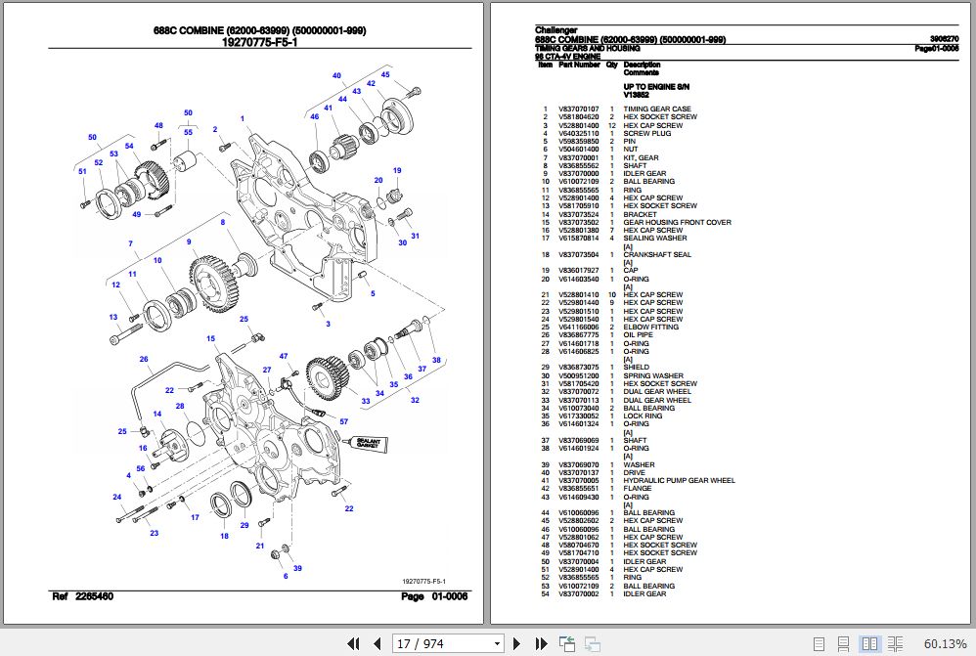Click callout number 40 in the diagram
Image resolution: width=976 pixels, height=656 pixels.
[x=336, y=75]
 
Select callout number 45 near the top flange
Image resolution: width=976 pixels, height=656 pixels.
[x=385, y=74]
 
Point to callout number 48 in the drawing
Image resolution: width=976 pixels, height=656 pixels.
[x=157, y=125]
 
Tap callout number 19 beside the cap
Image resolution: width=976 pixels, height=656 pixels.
[x=397, y=171]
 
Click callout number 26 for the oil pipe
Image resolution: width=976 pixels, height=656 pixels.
[x=143, y=359]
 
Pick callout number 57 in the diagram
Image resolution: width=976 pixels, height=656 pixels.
[x=343, y=421]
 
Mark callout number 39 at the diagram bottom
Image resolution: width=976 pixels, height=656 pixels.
[x=297, y=568]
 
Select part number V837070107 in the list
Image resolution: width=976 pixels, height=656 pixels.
[x=578, y=109]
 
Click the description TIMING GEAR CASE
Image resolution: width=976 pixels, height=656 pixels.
[x=657, y=109]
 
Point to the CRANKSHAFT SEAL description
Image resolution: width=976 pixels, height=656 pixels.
[x=657, y=254]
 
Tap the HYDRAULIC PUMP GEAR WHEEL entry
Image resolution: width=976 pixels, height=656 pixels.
[x=679, y=480]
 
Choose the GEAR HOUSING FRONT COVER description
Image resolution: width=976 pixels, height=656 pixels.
[x=677, y=222]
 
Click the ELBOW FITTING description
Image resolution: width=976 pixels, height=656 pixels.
[x=651, y=327]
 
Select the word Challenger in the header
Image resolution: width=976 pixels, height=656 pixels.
[x=555, y=30]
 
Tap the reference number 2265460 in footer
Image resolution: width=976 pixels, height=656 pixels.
[x=97, y=596]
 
